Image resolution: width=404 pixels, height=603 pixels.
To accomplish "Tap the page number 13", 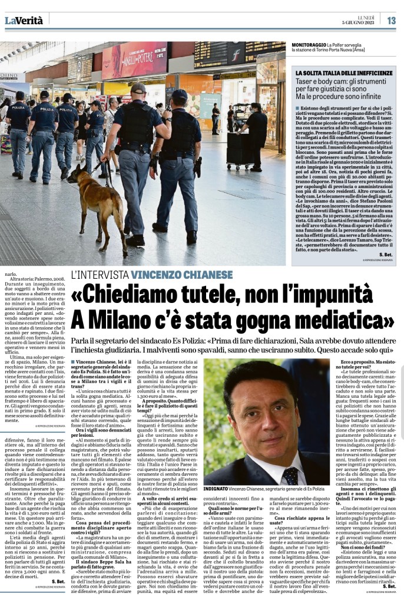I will [x=391, y=20].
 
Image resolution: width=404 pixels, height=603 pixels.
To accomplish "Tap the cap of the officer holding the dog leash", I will [x=138, y=87].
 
